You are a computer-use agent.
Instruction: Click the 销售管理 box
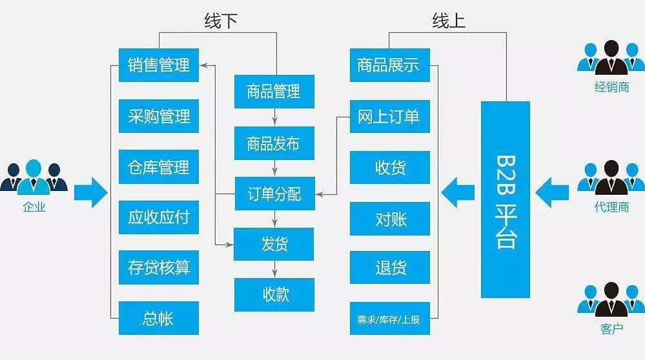[159, 65]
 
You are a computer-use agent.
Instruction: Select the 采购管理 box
[159, 115]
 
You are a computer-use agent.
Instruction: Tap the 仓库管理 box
[159, 166]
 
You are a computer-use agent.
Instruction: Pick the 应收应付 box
[159, 217]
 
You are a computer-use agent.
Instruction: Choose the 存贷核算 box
[159, 267]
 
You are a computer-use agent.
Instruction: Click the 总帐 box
[159, 318]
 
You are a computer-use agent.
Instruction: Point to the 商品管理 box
[274, 92]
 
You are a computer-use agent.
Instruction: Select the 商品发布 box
[274, 143]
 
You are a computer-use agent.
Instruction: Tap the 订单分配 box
[274, 193]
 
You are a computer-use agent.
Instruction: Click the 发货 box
[274, 244]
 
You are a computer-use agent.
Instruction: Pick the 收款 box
[274, 294]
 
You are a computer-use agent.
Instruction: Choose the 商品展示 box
[389, 65]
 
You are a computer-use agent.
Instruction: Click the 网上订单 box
[389, 115]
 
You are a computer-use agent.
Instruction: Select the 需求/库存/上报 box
[389, 318]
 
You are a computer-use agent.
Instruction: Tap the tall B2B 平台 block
[506, 199]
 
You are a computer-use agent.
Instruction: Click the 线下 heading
[221, 21]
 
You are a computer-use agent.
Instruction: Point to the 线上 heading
[449, 21]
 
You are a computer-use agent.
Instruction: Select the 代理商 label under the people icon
[611, 207]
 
